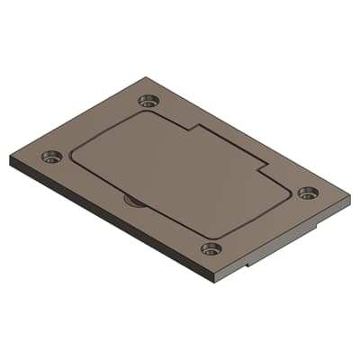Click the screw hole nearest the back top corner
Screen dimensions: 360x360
[x=148, y=101]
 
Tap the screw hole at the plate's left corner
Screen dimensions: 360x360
[x=49, y=158]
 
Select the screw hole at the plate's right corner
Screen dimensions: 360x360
[x=308, y=193]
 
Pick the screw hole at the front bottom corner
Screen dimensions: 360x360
[x=211, y=248]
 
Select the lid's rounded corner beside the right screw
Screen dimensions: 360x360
[x=290, y=191]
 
